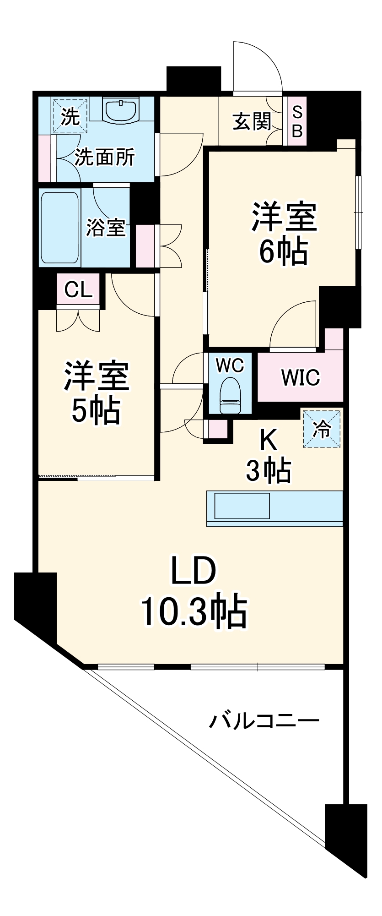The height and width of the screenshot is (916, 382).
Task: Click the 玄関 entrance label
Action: coord(252,121)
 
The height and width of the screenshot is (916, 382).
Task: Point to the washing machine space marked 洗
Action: coord(70,116)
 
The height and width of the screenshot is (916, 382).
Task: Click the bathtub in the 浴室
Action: coord(60,228)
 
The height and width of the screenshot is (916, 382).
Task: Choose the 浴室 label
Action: coord(106,227)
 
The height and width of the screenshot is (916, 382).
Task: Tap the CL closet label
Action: coord(78,289)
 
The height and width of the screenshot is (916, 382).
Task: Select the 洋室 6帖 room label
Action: coord(284,234)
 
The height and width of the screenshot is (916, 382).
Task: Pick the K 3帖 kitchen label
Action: coord(268,457)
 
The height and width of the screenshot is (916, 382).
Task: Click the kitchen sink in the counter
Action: coord(242,506)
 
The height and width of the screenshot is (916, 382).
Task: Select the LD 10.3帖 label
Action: coord(194,591)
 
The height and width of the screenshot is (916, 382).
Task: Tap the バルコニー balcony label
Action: coord(264,721)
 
